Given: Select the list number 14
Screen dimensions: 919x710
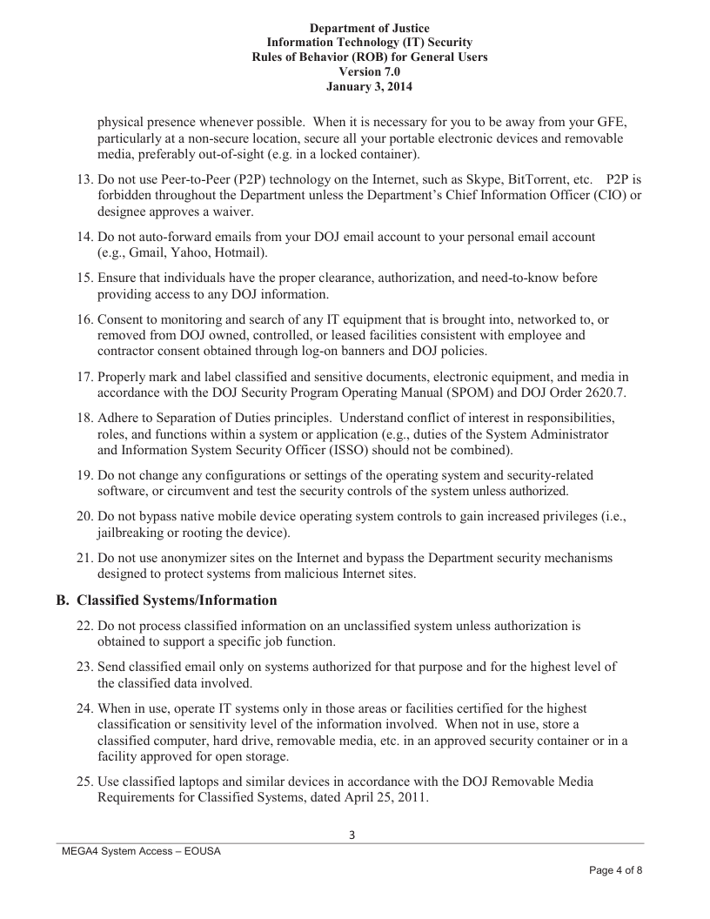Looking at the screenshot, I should (84, 237).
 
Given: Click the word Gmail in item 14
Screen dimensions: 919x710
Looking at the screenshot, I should (147, 253).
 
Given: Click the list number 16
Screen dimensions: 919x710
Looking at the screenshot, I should (84, 319).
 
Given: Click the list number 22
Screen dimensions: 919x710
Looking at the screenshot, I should (84, 626).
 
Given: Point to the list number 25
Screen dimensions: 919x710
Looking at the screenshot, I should (84, 781).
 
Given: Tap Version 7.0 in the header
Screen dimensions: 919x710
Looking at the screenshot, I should (369, 72).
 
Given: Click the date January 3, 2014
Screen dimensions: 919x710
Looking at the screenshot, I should (369, 87).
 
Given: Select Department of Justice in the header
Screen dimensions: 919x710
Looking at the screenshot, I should (369, 29).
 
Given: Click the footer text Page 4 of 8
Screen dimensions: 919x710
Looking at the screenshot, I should (615, 871).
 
